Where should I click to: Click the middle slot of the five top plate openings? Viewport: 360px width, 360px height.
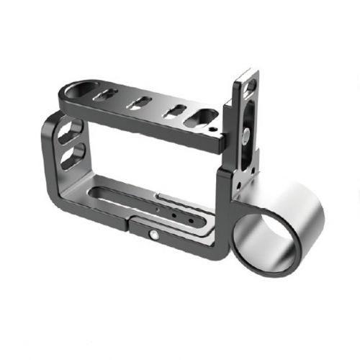click(x=138, y=102)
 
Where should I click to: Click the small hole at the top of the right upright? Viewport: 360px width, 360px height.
click(x=250, y=86)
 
